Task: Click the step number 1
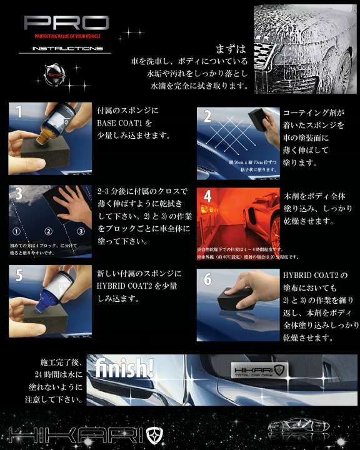[x=19, y=112]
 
